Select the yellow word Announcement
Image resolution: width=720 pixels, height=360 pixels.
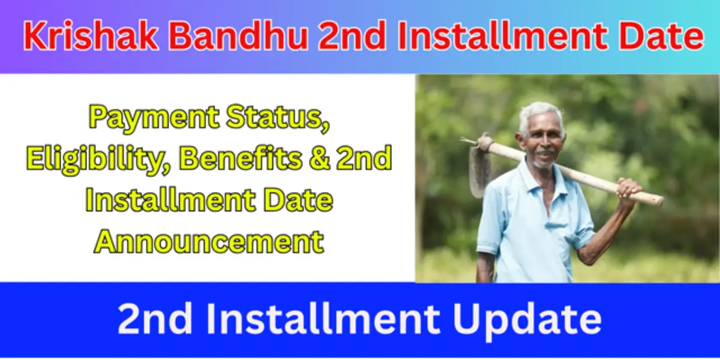click(209, 242)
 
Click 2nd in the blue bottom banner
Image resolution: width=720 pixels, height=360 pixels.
click(151, 319)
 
